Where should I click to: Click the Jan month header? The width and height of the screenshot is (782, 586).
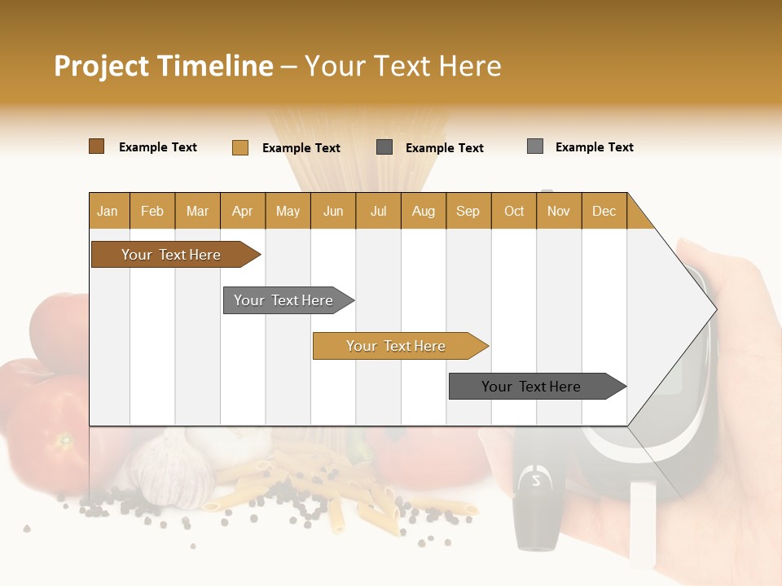tap(108, 211)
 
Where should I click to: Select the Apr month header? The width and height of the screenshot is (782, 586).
tap(243, 211)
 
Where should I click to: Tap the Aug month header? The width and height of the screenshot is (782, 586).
tap(424, 211)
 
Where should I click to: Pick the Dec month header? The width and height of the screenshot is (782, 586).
tap(604, 211)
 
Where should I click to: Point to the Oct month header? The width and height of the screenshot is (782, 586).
tap(514, 211)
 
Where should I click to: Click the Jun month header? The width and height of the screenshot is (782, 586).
tap(333, 211)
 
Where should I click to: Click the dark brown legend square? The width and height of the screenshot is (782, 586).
tap(96, 146)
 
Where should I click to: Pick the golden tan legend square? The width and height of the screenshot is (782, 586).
tap(239, 147)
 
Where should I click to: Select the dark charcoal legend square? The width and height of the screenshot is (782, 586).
tap(384, 147)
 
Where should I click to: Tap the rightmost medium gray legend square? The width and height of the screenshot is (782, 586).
tap(534, 146)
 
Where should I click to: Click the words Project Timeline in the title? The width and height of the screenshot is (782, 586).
tap(163, 66)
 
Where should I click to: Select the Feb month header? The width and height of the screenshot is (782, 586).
tap(152, 211)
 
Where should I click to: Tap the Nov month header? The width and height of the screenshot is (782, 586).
tap(559, 211)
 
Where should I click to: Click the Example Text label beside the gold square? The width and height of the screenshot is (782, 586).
tap(301, 148)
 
